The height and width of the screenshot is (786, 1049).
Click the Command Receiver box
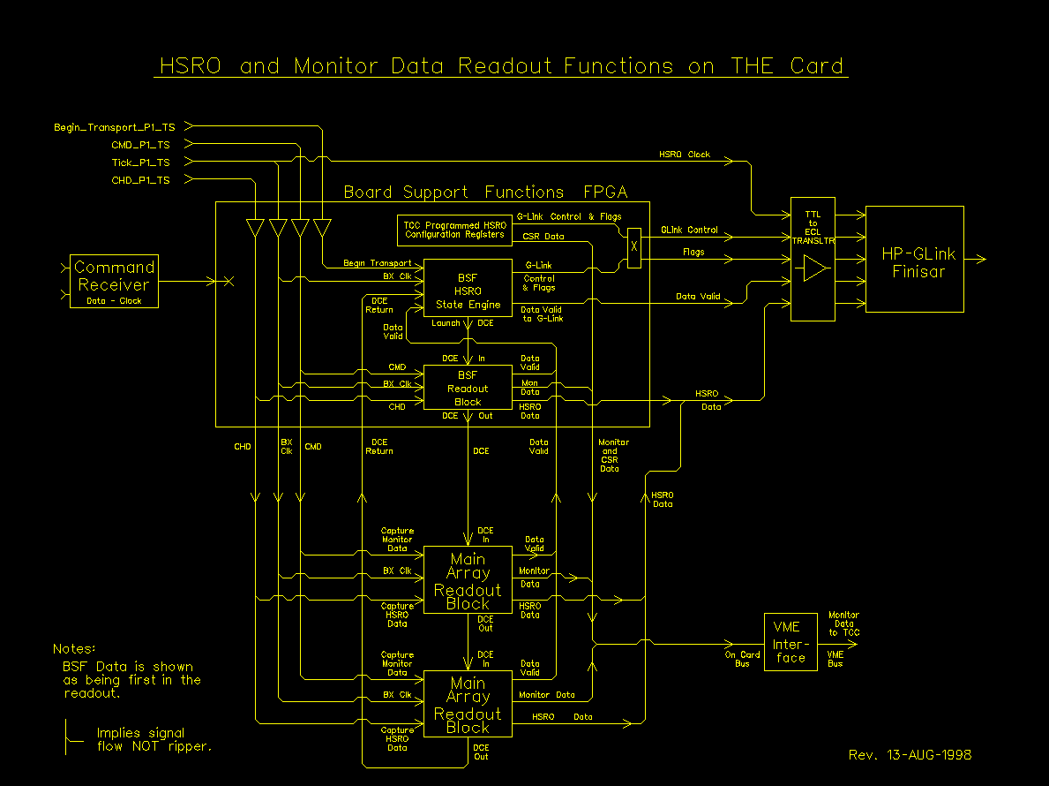tap(114, 281)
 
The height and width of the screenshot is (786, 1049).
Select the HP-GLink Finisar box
tap(914, 260)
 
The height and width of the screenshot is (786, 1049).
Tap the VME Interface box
tap(790, 641)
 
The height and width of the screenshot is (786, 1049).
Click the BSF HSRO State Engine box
tap(468, 288)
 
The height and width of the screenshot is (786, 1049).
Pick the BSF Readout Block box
tap(468, 388)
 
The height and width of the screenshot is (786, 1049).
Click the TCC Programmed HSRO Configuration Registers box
tap(454, 230)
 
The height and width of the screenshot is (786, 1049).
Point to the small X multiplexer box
tap(633, 248)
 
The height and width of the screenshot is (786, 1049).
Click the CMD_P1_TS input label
tap(140, 145)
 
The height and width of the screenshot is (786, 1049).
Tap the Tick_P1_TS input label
tap(140, 162)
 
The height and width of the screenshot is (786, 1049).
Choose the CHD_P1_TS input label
tap(140, 180)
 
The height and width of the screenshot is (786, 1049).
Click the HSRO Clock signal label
tap(684, 155)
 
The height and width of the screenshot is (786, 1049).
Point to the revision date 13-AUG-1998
tap(910, 755)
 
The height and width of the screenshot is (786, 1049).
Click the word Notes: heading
tap(74, 649)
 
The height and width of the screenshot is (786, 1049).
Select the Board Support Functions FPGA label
tap(485, 192)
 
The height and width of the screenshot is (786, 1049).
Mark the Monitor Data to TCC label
tap(843, 624)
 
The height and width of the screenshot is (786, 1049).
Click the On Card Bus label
tap(743, 659)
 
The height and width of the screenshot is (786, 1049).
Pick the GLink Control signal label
tap(690, 231)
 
